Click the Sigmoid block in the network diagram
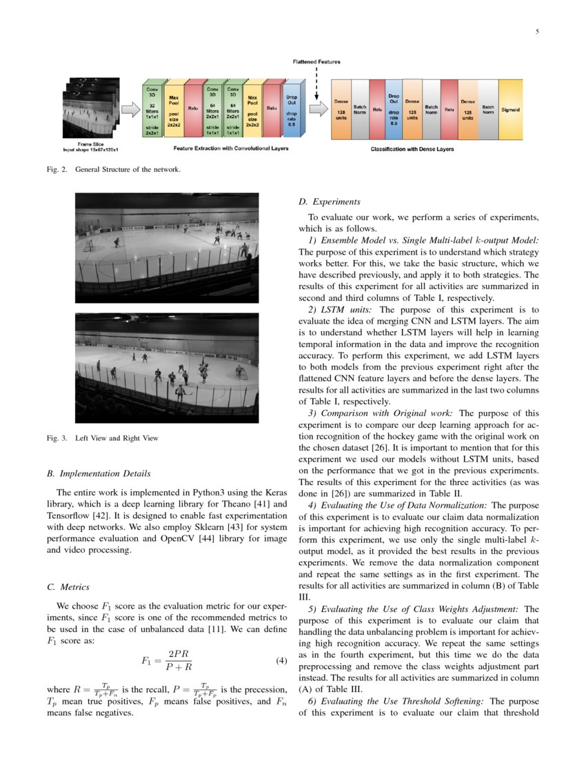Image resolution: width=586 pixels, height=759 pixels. [x=510, y=109]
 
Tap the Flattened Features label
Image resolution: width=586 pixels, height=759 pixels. [x=316, y=61]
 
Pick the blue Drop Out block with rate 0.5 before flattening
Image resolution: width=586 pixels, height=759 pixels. [x=292, y=109]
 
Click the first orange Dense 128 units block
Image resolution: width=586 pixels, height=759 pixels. [x=341, y=109]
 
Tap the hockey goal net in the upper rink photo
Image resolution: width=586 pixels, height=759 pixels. [x=89, y=245]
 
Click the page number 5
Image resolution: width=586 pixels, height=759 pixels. [x=536, y=32]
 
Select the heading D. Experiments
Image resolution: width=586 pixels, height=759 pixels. [x=329, y=202]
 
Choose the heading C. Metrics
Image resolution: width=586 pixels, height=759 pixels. [x=68, y=587]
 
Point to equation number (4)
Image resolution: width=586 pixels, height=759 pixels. [x=281, y=660]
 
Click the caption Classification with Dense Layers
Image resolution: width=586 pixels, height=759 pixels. [x=412, y=149]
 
